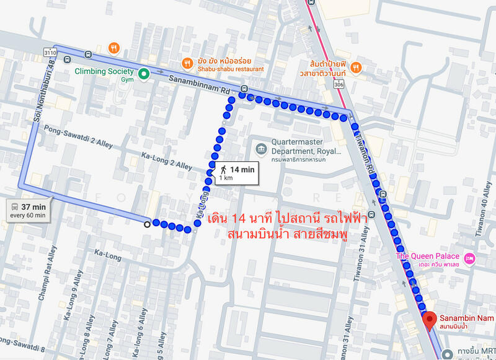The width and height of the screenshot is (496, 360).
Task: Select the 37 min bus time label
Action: tap(33, 206)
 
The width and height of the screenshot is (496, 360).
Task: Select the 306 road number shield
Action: tap(338, 84)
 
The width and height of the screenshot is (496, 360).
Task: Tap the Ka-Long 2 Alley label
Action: tap(167, 161)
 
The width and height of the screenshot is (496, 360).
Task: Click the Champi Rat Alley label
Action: tap(47, 273)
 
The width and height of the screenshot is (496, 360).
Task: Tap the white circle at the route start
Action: tap(147, 224)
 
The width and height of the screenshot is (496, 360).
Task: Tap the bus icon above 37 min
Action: tap(14, 206)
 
